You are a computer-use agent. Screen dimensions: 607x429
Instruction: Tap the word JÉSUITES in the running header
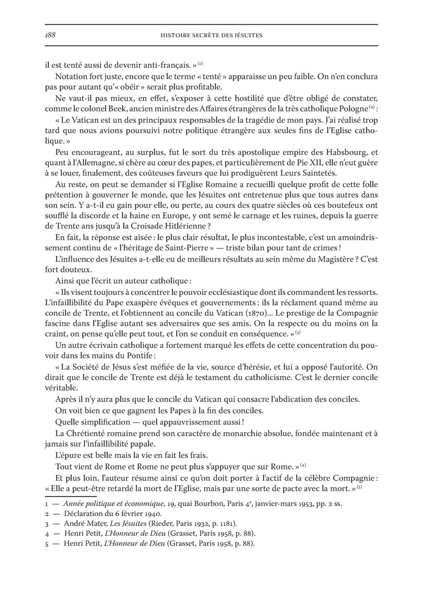[249, 36]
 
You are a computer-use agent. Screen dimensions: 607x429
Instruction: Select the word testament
[212, 377]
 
